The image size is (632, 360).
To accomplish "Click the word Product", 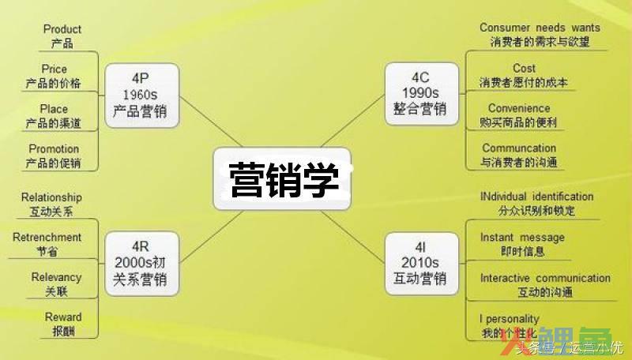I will (x=62, y=29).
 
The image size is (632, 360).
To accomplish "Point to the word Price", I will (x=55, y=69).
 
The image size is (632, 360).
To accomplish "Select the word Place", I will (x=54, y=109).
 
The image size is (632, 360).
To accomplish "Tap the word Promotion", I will (x=54, y=148).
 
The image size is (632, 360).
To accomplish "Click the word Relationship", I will (x=51, y=197).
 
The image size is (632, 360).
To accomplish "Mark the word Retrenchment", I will (x=47, y=237).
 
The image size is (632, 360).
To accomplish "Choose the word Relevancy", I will (x=56, y=277).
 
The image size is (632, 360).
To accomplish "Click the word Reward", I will (x=62, y=317).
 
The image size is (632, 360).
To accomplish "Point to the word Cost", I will (x=524, y=68).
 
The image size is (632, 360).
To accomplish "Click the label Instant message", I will (x=522, y=237).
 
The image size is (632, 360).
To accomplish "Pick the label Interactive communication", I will (x=545, y=278).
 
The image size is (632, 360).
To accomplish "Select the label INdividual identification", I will (x=536, y=197).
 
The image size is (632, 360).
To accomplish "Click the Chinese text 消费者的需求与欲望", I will (x=540, y=42).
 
